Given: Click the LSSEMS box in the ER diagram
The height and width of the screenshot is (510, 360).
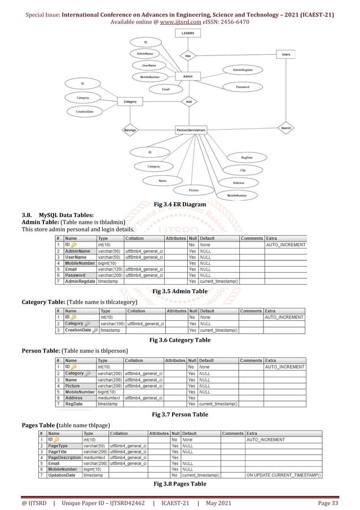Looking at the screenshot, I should click(x=187, y=34).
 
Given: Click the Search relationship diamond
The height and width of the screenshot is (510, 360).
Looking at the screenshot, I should click(x=286, y=128).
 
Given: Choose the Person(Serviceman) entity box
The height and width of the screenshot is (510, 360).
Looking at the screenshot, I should click(x=191, y=130).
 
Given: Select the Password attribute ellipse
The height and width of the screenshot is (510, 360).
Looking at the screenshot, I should click(x=243, y=87).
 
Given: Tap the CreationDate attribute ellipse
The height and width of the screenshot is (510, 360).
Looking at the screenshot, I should click(x=85, y=112).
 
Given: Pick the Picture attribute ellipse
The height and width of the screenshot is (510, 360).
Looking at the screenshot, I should click(x=194, y=190).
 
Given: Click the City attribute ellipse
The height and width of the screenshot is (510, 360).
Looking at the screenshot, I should click(x=243, y=170).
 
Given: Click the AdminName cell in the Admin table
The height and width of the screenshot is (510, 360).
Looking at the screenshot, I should click(x=77, y=251).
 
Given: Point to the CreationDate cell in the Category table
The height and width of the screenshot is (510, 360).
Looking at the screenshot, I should click(x=78, y=330).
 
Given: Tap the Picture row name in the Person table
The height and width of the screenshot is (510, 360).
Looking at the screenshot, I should click(x=72, y=386).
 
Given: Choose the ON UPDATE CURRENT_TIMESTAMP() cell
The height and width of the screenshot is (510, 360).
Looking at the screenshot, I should click(x=284, y=475).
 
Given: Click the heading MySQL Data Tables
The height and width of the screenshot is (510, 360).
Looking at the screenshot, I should click(x=66, y=215).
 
